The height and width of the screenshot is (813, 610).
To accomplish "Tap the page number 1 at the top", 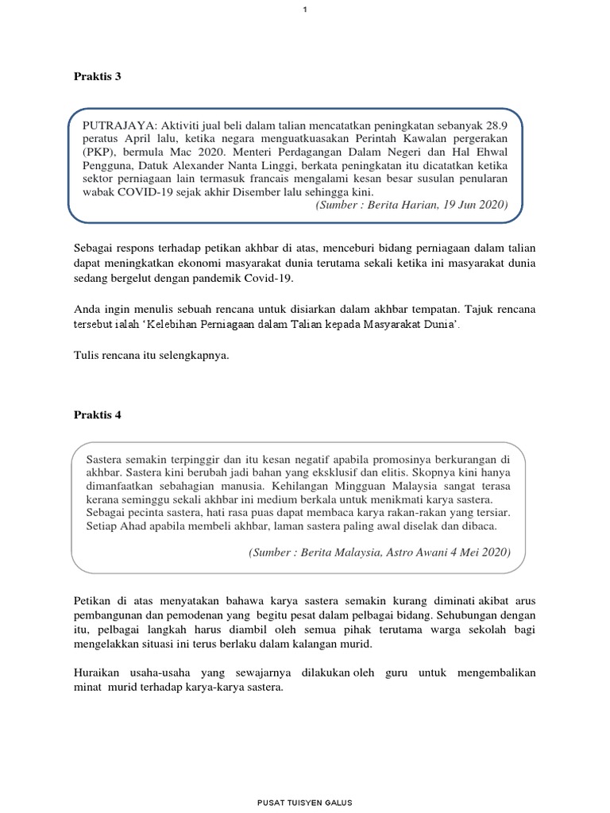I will (x=305, y=9).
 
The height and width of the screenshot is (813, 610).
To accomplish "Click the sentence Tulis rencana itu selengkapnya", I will (x=151, y=355).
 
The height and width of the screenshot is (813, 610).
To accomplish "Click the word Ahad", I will (x=133, y=526).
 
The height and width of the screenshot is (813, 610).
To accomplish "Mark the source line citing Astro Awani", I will (x=380, y=551).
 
